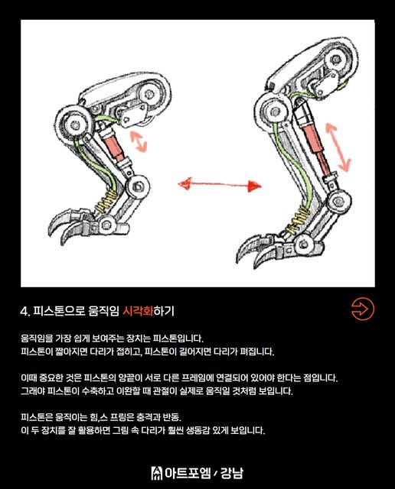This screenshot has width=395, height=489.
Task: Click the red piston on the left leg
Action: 114,147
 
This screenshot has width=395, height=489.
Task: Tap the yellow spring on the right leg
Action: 298,221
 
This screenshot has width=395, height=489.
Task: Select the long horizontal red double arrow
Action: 220,185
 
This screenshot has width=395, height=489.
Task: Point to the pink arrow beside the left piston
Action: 138,141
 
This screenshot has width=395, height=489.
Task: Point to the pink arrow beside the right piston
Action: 338,147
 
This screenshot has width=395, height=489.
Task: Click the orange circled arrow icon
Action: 363,309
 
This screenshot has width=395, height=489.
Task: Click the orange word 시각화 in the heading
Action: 138,311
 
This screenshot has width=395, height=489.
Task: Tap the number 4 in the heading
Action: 24,311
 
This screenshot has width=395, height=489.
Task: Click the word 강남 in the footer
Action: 231,473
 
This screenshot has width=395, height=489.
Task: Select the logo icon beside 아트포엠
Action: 157,473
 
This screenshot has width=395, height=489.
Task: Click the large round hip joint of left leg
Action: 73,125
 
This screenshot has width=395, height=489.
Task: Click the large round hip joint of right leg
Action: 275,112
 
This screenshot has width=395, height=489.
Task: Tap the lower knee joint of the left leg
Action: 138,186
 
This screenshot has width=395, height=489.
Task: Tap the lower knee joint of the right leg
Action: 339,202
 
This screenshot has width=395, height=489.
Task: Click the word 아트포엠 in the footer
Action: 188,473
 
